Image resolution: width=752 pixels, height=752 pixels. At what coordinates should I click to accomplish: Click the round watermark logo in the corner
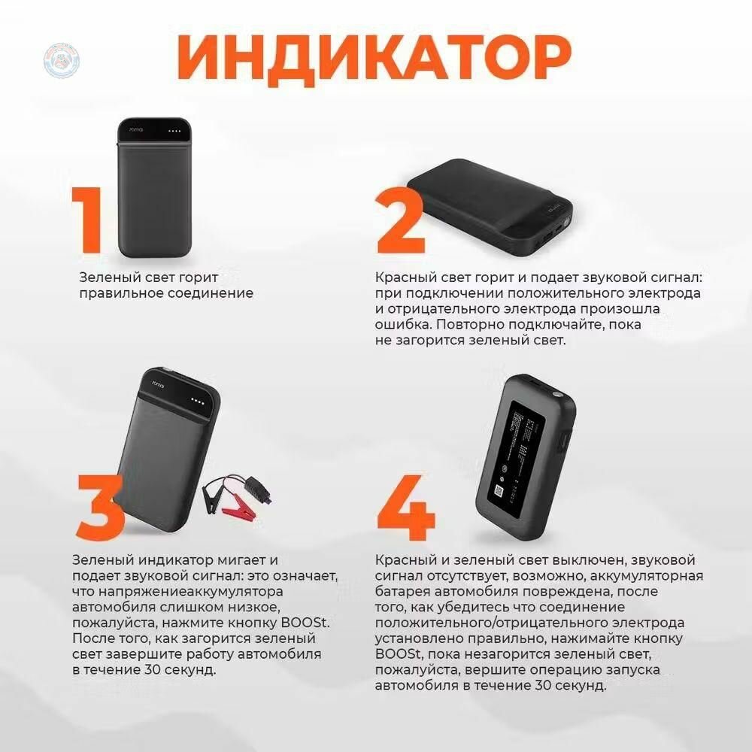pyautogui.click(x=61, y=58)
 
